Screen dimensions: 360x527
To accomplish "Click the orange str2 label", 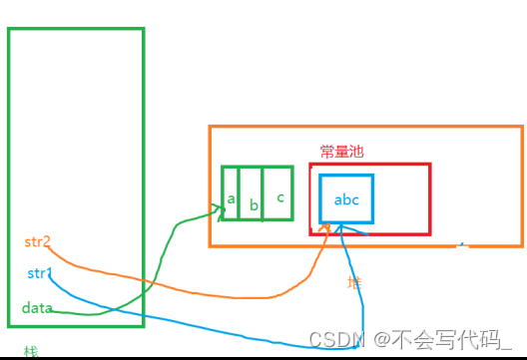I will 37,242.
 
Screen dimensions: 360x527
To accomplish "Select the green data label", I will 37,307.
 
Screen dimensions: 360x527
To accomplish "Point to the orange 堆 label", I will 354,282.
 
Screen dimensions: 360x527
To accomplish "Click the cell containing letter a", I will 232,192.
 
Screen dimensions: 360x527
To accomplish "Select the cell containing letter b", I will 254,192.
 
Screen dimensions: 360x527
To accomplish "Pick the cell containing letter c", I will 280,192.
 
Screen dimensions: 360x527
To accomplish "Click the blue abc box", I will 346,199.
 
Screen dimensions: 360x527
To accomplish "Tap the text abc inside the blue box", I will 346,199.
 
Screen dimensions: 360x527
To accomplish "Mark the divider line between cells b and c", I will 263,192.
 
